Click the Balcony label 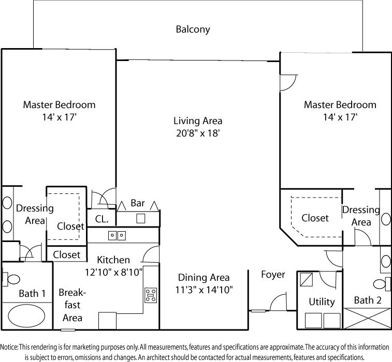(x=193, y=29)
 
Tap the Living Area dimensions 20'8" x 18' (x=198, y=133)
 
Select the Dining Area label (x=204, y=278)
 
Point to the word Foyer (x=273, y=275)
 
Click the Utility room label (x=322, y=301)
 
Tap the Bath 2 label (x=367, y=300)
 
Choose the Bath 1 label (x=33, y=293)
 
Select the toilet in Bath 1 (x=11, y=279)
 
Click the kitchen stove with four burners (x=151, y=295)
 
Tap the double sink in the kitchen (x=117, y=235)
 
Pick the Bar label (x=138, y=203)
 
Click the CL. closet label (x=101, y=219)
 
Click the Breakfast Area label (x=72, y=305)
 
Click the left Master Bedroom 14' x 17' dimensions (x=59, y=117)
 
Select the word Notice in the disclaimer (x=10, y=347)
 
